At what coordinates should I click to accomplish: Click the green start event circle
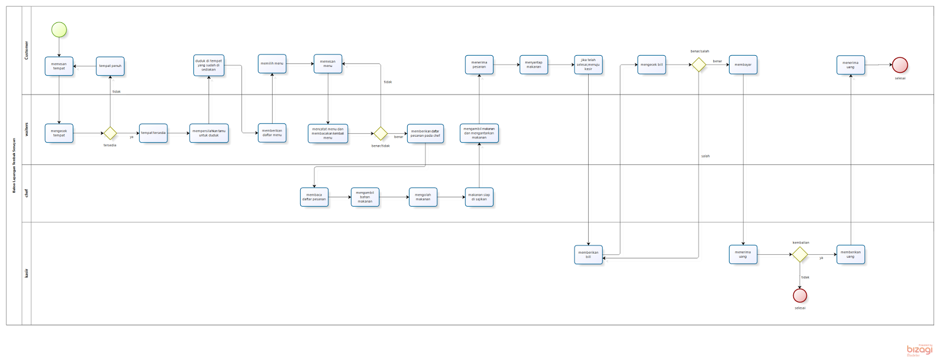tap(59, 29)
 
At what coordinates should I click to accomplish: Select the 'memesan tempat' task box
tap(59, 66)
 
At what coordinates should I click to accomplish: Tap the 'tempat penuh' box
tap(110, 66)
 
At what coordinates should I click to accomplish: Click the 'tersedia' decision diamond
tap(110, 133)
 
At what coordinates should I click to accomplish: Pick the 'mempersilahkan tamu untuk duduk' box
tap(209, 133)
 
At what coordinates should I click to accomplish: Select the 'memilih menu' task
tap(272, 63)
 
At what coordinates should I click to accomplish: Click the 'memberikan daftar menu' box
tap(272, 133)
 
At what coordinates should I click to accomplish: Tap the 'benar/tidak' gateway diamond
tap(381, 133)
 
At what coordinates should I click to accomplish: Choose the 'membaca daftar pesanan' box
tap(314, 197)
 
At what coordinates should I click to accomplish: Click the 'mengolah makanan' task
tap(423, 197)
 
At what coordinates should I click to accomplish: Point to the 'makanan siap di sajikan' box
tap(479, 197)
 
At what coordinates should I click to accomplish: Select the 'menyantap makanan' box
tap(533, 65)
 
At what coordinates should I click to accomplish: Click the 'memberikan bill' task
tap(588, 254)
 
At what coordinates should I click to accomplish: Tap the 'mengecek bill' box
tap(652, 65)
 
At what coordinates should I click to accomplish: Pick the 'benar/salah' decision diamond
tap(699, 65)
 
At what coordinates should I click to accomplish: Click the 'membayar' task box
tap(743, 65)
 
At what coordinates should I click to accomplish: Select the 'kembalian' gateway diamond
tap(800, 254)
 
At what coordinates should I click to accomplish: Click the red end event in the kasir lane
tap(800, 295)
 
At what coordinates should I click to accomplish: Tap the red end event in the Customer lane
tap(899, 65)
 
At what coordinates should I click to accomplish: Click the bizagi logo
tap(919, 350)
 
